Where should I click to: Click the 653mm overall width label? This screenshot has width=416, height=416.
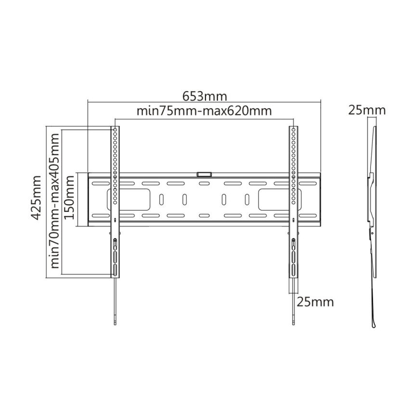(x=205, y=96)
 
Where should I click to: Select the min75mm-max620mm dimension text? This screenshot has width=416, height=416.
(x=204, y=111)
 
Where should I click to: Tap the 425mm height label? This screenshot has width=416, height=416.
(x=35, y=197)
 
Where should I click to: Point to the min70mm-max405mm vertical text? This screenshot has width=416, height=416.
(x=54, y=200)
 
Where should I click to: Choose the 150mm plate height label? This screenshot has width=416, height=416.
(x=69, y=197)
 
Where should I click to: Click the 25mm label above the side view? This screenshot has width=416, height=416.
(x=367, y=110)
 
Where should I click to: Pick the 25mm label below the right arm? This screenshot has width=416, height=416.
(x=315, y=302)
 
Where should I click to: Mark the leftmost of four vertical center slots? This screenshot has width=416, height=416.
(x=162, y=199)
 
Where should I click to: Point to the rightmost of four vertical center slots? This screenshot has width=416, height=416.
(x=247, y=199)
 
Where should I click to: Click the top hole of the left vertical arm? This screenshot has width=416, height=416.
(x=116, y=130)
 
